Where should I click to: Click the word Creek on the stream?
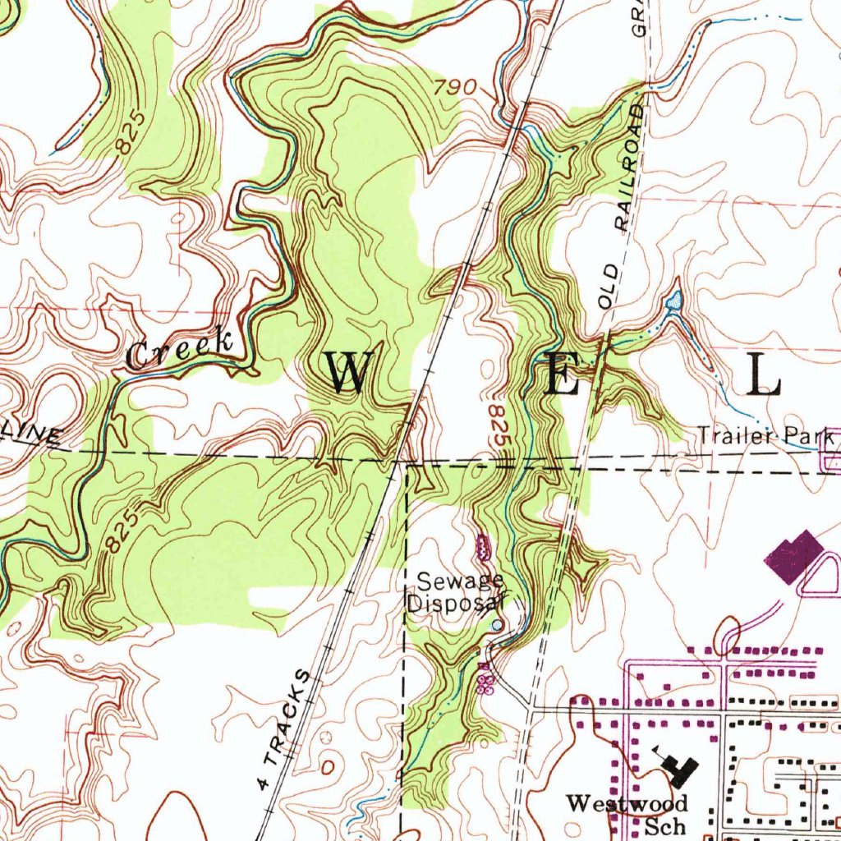pos(180,348)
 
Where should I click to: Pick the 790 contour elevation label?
pos(457,86)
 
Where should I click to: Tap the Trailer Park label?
pos(765,436)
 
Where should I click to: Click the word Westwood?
pos(627,802)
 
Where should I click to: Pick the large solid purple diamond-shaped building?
pos(793,556)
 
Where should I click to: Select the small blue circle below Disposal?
pos(496,626)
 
